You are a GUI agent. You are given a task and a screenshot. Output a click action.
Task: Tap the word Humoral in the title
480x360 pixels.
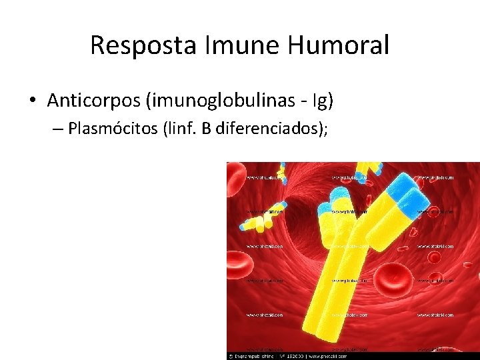[338, 45]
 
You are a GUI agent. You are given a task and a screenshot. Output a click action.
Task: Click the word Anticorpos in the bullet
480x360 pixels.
[91, 101]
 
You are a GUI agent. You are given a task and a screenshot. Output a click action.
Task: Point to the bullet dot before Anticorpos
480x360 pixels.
[32, 101]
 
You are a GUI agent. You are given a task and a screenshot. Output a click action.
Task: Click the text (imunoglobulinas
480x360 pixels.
[211, 101]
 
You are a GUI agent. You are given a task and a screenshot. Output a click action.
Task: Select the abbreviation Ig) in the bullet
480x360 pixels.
[321, 101]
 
